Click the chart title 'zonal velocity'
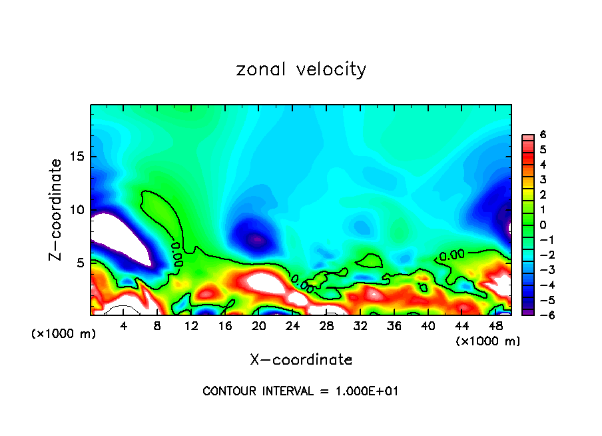pyautogui.click(x=301, y=69)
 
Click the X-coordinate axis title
pyautogui.click(x=301, y=359)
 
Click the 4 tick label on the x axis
pyautogui.click(x=124, y=326)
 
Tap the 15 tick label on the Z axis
pyautogui.click(x=79, y=157)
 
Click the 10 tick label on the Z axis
pyautogui.click(x=79, y=210)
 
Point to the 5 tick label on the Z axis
pyautogui.click(x=82, y=263)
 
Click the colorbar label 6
pyautogui.click(x=543, y=135)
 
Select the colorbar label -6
pyautogui.click(x=541, y=315)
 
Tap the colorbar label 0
pyautogui.click(x=543, y=225)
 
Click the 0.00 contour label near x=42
pyautogui.click(x=451, y=255)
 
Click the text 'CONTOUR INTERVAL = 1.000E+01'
pyautogui.click(x=300, y=391)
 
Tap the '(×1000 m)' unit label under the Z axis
pyautogui.click(x=64, y=333)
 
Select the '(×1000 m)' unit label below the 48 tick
pyautogui.click(x=488, y=341)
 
